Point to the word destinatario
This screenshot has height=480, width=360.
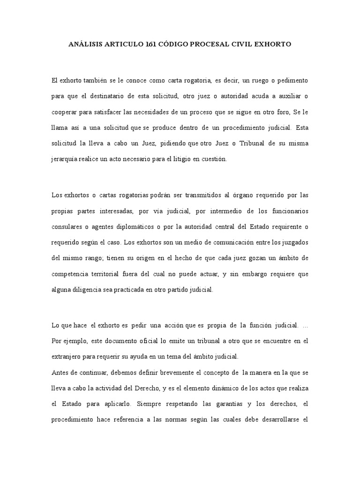pyautogui.click(x=104, y=97)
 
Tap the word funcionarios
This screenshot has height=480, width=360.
pyautogui.click(x=287, y=211)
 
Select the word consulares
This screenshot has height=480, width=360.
pyautogui.click(x=68, y=227)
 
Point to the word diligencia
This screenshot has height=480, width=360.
pyautogui.click(x=96, y=289)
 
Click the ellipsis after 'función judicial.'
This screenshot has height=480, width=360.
pyautogui.click(x=306, y=325)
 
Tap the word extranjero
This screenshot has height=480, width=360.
pyautogui.click(x=67, y=356)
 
